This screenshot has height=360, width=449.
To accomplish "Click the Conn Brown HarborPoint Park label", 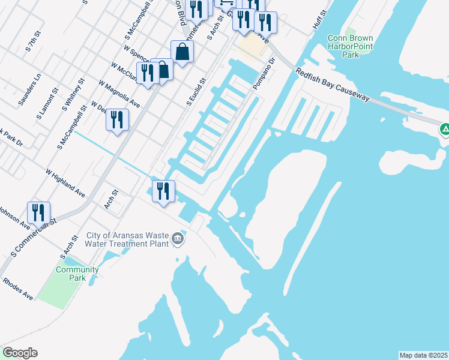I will click(x=351, y=46).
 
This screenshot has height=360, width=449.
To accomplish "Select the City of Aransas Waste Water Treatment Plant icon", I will click(x=178, y=239).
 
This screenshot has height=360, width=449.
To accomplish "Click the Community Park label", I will click(x=77, y=274).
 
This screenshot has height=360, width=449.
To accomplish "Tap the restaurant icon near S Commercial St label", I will click(x=38, y=212).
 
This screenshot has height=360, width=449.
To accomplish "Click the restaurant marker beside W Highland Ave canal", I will click(x=163, y=191).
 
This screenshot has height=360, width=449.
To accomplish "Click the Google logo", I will click(x=20, y=353).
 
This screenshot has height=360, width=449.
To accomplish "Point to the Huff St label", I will click(x=319, y=20).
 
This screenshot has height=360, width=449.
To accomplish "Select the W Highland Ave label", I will click(x=65, y=182).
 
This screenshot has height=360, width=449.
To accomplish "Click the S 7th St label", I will click(x=32, y=47).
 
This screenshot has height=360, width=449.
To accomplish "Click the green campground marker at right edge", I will click(x=445, y=128).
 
